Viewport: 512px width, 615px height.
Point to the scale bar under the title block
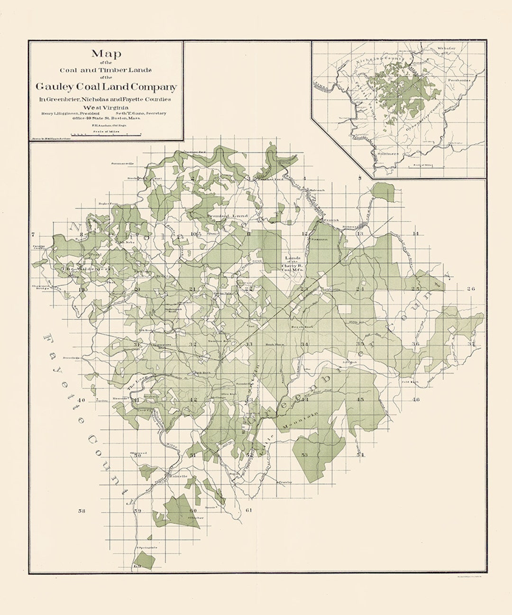pyautogui.click(x=108, y=135)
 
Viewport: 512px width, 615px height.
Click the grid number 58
pyautogui.click(x=81, y=511)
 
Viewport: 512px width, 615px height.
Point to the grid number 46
pyautogui.click(x=416, y=400)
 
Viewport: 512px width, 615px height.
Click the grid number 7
pyautogui.click(x=33, y=235)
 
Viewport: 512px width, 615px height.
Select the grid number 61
pyautogui.click(x=249, y=511)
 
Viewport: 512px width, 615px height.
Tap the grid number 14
pyautogui.click(x=416, y=234)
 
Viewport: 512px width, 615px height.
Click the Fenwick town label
pyautogui.click(x=330, y=220)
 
